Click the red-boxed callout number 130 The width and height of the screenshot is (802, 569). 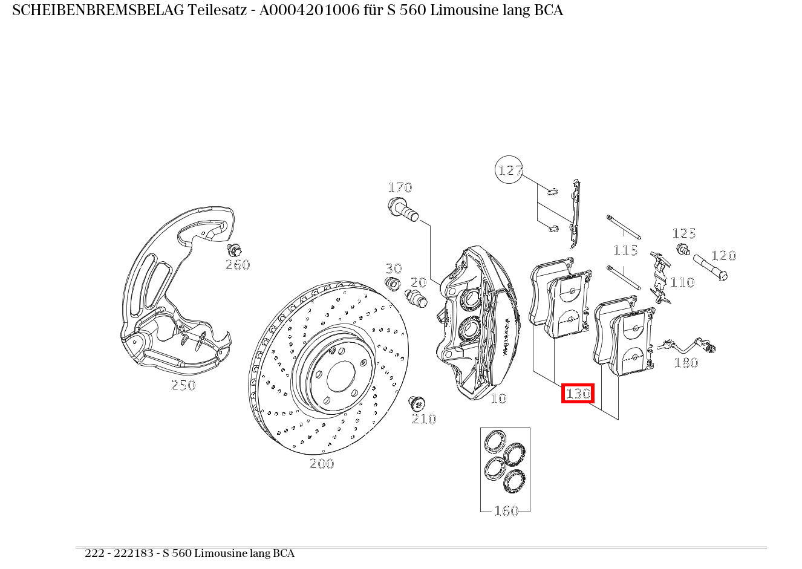click(x=578, y=394)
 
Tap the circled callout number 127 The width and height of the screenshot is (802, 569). click(x=509, y=170)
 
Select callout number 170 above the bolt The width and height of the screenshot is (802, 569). click(x=400, y=187)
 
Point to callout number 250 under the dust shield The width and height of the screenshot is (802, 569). click(x=183, y=385)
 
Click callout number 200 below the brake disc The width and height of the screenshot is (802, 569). click(x=322, y=464)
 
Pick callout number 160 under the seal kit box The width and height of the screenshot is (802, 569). click(x=506, y=511)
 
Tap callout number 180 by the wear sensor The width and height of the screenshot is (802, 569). click(x=686, y=363)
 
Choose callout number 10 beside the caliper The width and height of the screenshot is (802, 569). click(x=498, y=398)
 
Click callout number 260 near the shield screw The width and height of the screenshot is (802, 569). click(x=237, y=265)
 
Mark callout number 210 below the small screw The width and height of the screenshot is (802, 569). click(x=424, y=418)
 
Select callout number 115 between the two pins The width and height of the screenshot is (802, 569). click(x=625, y=250)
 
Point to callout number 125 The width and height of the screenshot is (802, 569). click(x=684, y=233)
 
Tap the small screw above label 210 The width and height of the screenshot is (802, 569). click(x=416, y=404)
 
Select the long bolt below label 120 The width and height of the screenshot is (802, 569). click(x=710, y=268)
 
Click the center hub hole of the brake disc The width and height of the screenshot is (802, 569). click(x=341, y=376)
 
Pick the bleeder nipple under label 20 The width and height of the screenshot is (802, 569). click(x=416, y=299)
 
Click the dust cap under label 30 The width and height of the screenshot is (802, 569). click(x=393, y=284)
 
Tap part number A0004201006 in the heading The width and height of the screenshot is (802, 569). click(x=309, y=10)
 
